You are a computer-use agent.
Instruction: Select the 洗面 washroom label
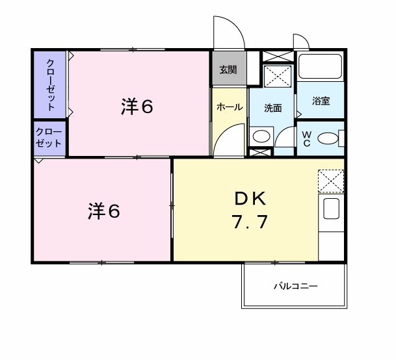coord(273,108)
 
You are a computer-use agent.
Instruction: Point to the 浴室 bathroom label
coord(321,101)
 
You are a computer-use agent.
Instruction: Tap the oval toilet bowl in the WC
coord(330,138)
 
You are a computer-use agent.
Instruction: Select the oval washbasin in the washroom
coord(261,137)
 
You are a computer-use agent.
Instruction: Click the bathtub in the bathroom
coord(320,67)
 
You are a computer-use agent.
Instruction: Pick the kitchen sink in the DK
coord(331,210)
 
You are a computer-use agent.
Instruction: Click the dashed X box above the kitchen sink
coord(331,180)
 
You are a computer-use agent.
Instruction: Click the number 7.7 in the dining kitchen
coord(247,223)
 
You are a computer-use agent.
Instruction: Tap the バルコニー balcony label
coord(295,285)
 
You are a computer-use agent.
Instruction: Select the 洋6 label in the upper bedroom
coord(137,107)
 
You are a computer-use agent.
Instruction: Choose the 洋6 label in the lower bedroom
coord(103,211)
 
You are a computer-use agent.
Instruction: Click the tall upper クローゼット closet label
coord(50,84)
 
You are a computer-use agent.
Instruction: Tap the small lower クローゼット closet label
coord(49,138)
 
